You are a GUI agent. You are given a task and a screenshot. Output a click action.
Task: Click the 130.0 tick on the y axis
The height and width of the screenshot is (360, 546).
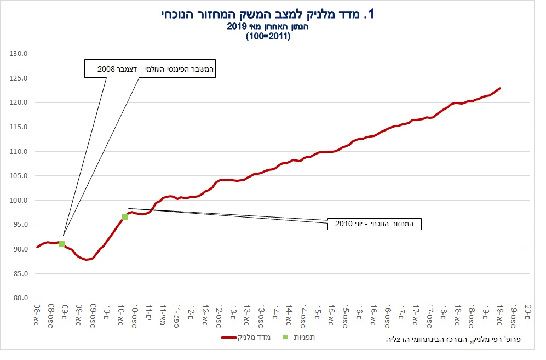[x=20, y=54]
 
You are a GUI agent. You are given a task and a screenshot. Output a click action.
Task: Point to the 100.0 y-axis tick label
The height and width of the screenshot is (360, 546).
[x=20, y=201]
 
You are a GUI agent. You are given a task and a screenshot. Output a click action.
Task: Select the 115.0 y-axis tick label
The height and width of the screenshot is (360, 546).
[x=20, y=127]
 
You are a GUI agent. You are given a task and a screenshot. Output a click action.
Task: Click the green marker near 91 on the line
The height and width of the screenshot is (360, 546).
[x=61, y=244]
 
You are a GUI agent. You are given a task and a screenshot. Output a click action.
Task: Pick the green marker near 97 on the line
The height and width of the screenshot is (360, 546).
[x=125, y=216]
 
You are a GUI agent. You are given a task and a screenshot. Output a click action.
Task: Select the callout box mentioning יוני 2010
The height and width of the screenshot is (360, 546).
[x=375, y=224]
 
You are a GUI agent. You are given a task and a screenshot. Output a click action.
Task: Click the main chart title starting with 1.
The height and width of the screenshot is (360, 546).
[x=268, y=15]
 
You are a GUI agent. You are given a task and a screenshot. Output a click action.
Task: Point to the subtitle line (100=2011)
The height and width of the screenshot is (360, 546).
[x=268, y=37]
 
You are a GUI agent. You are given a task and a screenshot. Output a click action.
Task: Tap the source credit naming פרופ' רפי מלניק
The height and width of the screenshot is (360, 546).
[x=454, y=340]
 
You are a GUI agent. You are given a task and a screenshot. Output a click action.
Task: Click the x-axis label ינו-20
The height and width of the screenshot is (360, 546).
[x=528, y=313]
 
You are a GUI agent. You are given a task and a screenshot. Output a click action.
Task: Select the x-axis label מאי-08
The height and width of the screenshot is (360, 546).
[x=37, y=313]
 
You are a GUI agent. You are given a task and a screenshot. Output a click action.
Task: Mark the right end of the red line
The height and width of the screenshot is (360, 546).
[x=500, y=88]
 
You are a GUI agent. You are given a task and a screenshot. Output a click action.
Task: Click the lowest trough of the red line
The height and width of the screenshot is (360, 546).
[x=87, y=260]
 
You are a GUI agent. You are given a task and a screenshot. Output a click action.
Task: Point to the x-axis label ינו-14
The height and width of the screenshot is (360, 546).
[x=275, y=313]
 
